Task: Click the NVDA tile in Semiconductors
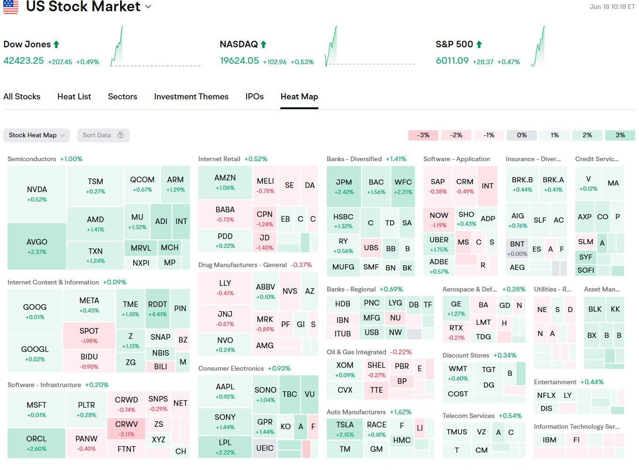[x=37, y=194]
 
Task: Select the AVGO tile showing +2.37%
[x=37, y=246]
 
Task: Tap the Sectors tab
[x=122, y=97]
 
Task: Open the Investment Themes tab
[x=191, y=97]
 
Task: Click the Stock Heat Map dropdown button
[x=37, y=135]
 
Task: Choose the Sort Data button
[x=103, y=135]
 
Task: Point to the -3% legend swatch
[x=423, y=135]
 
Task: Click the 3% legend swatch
[x=620, y=135]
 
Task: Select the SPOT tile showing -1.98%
[x=89, y=335]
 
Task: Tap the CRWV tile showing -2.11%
[x=127, y=428]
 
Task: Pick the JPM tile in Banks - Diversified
[x=344, y=187]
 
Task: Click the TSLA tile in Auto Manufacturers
[x=345, y=429]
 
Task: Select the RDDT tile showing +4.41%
[x=158, y=308]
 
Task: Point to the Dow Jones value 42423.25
[x=23, y=60]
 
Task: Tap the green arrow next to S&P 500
[x=479, y=45]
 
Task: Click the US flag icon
[x=11, y=7]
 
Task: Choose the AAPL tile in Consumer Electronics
[x=225, y=391]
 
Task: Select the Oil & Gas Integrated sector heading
[x=356, y=352]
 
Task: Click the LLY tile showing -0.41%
[x=225, y=287]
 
